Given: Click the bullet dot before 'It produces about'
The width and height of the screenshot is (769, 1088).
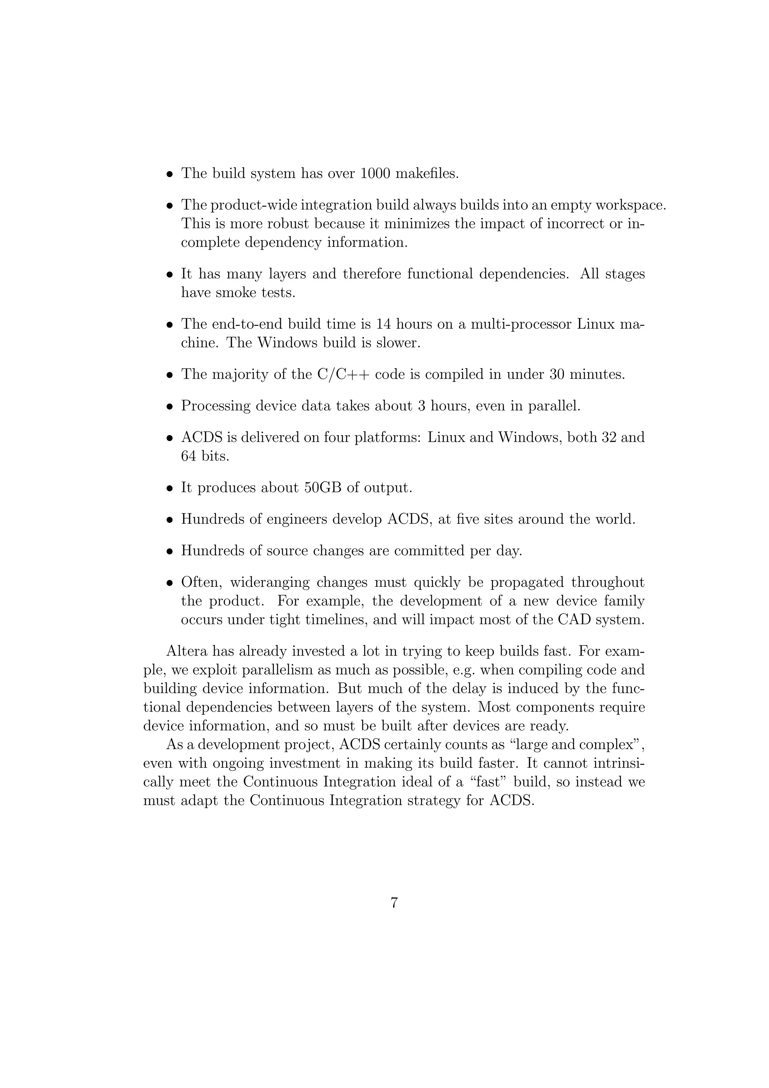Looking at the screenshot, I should click(169, 488).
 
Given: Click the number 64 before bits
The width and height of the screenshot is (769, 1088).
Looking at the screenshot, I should click(188, 456).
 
